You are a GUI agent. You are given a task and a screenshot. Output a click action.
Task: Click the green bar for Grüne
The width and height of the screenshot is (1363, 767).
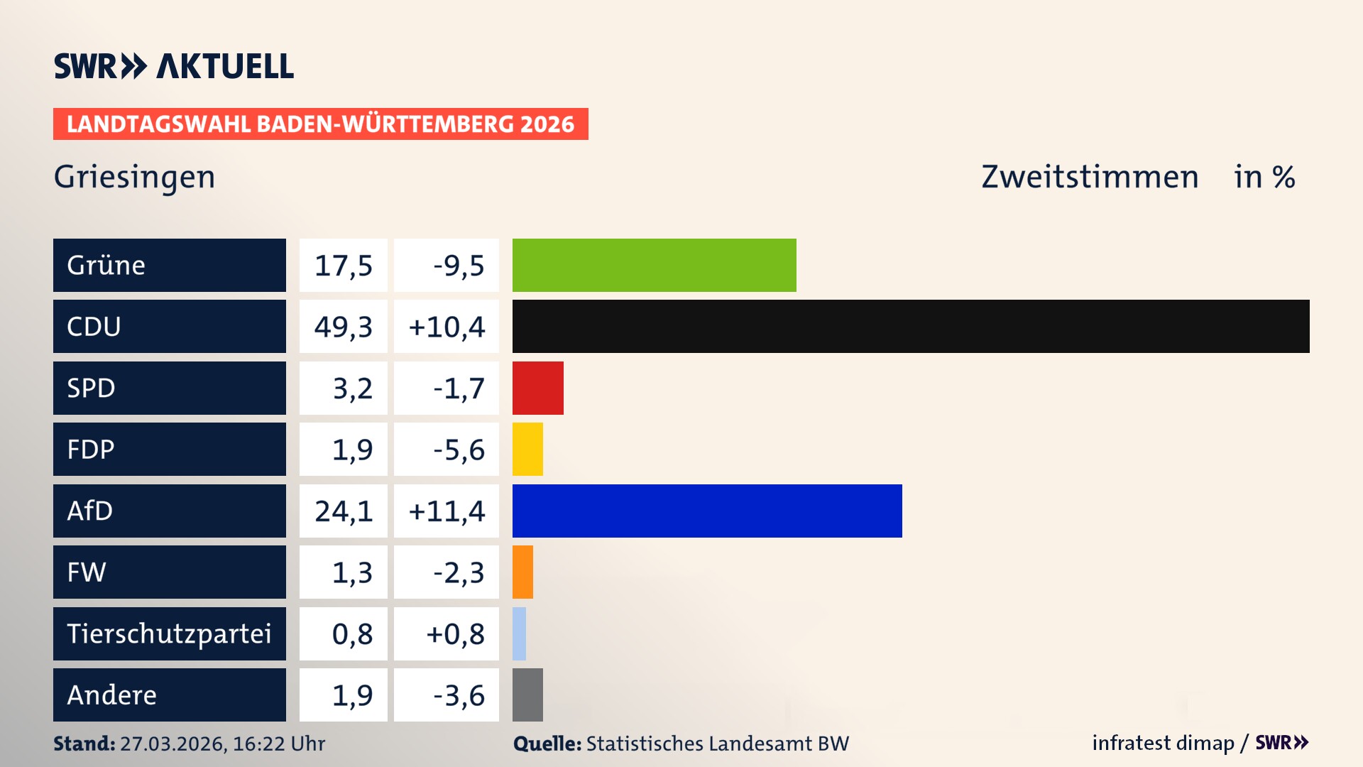[654, 265]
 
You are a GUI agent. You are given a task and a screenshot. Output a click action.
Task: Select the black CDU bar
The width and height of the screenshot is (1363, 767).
[910, 327]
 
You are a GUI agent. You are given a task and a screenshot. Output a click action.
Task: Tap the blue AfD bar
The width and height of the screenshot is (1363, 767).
[707, 511]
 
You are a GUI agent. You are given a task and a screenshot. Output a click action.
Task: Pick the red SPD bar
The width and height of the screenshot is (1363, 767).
[537, 388]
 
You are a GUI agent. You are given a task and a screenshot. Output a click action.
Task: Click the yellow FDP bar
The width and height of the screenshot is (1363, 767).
[527, 449]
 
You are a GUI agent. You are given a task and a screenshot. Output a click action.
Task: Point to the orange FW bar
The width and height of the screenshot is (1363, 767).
[522, 572]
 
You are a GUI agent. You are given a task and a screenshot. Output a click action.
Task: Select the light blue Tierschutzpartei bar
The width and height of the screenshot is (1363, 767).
[519, 633]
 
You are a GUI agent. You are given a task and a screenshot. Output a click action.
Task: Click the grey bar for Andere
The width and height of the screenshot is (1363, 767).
[527, 695]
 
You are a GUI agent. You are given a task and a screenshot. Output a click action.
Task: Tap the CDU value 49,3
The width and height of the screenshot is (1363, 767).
[344, 327]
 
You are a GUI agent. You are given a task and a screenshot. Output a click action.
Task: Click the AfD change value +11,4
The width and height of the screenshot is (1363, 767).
[447, 511]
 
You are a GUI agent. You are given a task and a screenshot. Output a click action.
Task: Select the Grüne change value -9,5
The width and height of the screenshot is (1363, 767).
[459, 266]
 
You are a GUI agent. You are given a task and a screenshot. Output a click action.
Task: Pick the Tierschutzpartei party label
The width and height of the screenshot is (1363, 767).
[169, 633]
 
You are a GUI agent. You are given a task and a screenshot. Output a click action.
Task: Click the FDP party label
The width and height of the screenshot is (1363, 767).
[91, 449]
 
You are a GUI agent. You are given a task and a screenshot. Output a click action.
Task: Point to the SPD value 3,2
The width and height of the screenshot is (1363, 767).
[352, 388]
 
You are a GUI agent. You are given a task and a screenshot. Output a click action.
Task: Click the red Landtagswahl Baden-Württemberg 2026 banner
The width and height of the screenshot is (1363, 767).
[320, 124]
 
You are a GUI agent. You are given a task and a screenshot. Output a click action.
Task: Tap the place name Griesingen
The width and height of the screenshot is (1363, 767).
[134, 177]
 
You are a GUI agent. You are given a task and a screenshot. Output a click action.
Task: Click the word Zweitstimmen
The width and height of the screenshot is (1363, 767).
[1090, 177]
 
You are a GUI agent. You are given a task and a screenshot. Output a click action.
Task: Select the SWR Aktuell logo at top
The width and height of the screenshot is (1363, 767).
[174, 66]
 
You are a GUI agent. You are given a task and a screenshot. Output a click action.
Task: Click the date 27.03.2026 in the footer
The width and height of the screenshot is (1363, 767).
[172, 744]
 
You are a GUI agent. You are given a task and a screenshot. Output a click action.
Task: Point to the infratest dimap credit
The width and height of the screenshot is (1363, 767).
[1163, 743]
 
